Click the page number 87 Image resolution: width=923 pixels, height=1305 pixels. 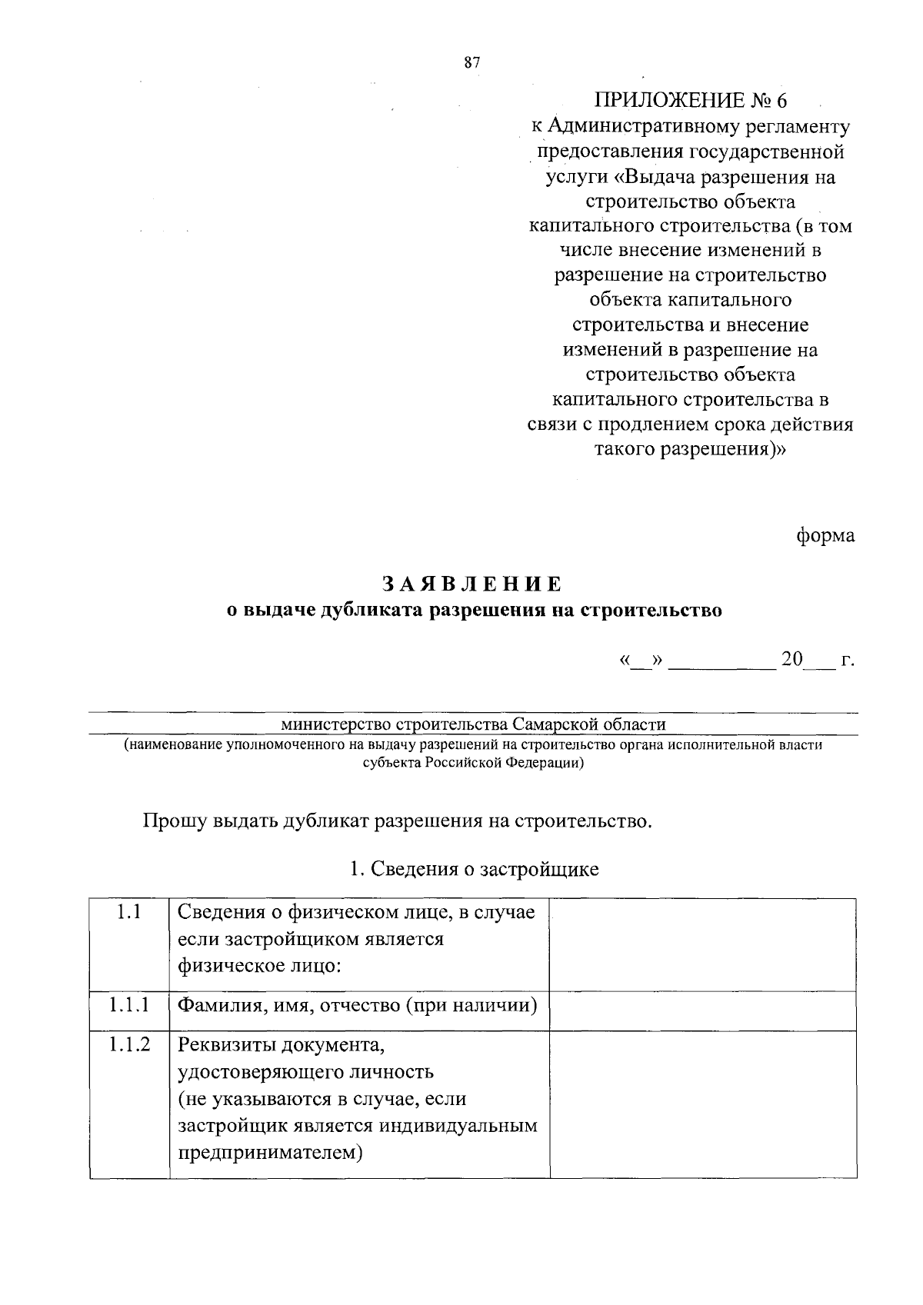472,64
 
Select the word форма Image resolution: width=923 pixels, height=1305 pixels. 825,535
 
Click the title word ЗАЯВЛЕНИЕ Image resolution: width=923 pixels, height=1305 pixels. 472,584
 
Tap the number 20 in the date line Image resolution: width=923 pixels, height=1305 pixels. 791,660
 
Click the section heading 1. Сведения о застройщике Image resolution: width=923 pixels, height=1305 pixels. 474,869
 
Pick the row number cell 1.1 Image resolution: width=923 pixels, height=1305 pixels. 128,912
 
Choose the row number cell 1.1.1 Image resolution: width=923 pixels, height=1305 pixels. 128,1004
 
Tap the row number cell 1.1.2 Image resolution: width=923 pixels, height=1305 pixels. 128,1044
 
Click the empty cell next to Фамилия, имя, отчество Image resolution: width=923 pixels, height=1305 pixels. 702,1010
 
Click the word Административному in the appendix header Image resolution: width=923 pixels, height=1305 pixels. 670,126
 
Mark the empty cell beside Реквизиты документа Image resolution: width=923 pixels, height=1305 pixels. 702,1104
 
